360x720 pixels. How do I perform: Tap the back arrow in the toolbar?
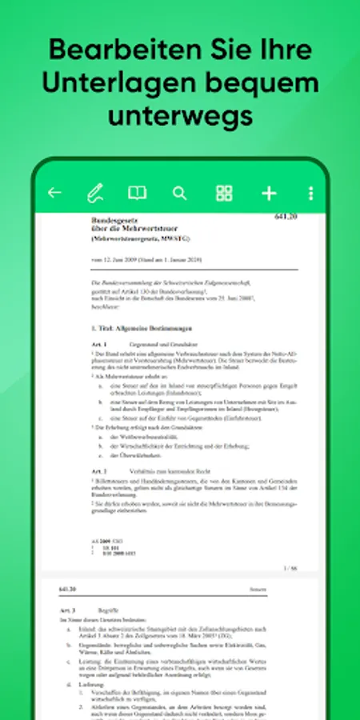54,193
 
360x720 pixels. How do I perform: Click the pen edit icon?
95,193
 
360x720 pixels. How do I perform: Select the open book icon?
138,193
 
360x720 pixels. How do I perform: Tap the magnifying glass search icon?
180,193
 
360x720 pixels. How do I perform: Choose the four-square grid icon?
224,193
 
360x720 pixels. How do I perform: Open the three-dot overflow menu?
310,193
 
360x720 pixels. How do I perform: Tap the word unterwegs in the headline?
180,116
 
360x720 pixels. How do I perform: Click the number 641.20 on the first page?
286,218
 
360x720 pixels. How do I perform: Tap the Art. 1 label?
99,343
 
